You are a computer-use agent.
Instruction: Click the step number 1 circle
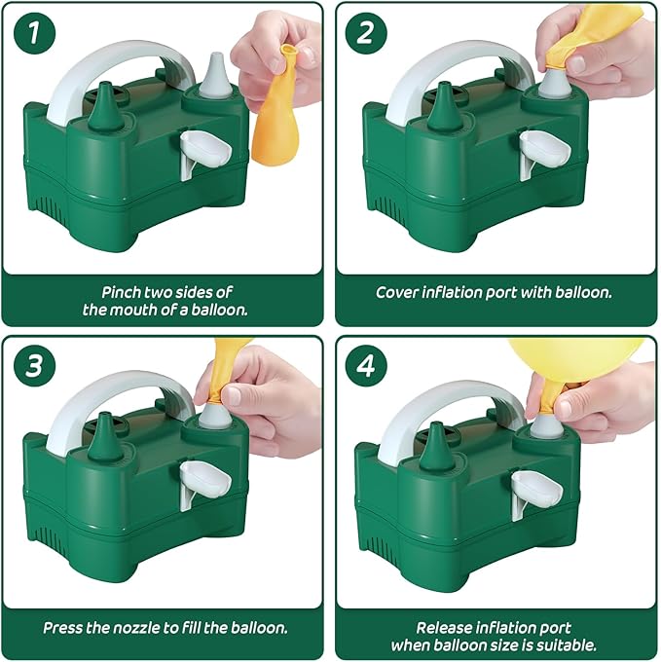(34, 33)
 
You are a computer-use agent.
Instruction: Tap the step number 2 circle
(366, 33)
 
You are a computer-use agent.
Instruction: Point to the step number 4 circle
(366, 366)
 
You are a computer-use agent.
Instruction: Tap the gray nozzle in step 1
(215, 74)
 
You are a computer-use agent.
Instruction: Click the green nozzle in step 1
(105, 105)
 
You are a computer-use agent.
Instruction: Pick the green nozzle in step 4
(437, 447)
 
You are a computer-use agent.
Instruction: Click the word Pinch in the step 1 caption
(121, 292)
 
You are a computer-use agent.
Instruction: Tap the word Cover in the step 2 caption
(397, 293)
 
